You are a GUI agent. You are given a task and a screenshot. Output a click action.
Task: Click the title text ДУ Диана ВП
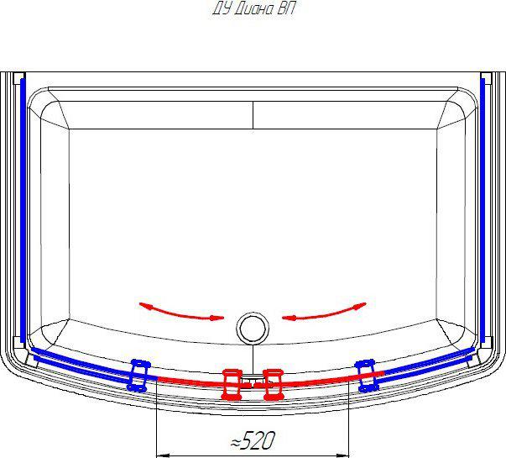pos(253,9)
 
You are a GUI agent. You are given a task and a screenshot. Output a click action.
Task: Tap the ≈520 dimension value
pos(253,440)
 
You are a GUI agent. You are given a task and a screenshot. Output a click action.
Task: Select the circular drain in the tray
pos(253,329)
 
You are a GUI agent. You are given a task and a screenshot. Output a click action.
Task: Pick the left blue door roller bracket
pos(138,376)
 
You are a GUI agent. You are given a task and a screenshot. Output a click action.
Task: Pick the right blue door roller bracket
pos(367,376)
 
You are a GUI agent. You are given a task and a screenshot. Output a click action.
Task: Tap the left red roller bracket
pos(232,385)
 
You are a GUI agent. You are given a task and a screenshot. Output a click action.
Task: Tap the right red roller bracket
pos(274,385)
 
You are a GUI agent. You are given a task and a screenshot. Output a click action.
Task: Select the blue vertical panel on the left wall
pos(23,210)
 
